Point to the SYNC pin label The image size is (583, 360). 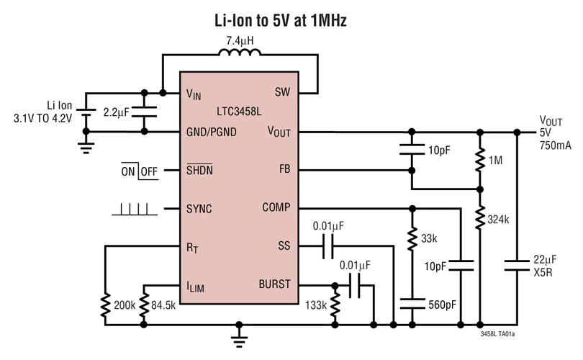click(x=199, y=209)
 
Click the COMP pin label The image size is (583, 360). click(x=276, y=208)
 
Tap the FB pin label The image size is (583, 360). click(x=283, y=171)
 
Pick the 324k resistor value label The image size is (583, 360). click(x=498, y=219)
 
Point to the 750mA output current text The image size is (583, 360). click(x=554, y=145)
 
